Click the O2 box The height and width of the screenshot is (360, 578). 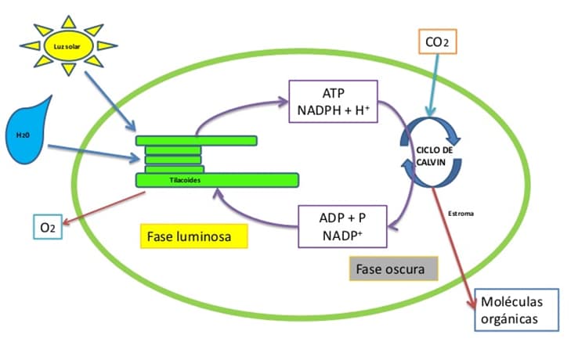point(48,228)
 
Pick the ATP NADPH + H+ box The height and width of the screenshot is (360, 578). point(334,100)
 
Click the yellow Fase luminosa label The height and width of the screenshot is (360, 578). point(190,235)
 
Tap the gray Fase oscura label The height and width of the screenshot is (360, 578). point(391,270)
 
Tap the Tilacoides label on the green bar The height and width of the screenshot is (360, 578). point(186,180)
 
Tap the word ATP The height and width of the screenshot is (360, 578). point(334,92)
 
